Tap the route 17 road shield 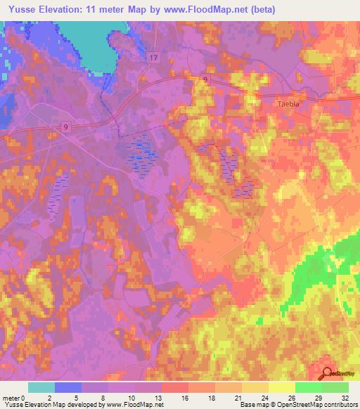click(154, 58)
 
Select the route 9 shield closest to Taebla click(205, 81)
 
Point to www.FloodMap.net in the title click(211, 10)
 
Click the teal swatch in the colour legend click(41, 387)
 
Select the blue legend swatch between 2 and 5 click(68, 387)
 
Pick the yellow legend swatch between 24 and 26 click(282, 387)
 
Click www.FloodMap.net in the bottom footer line click(134, 405)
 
